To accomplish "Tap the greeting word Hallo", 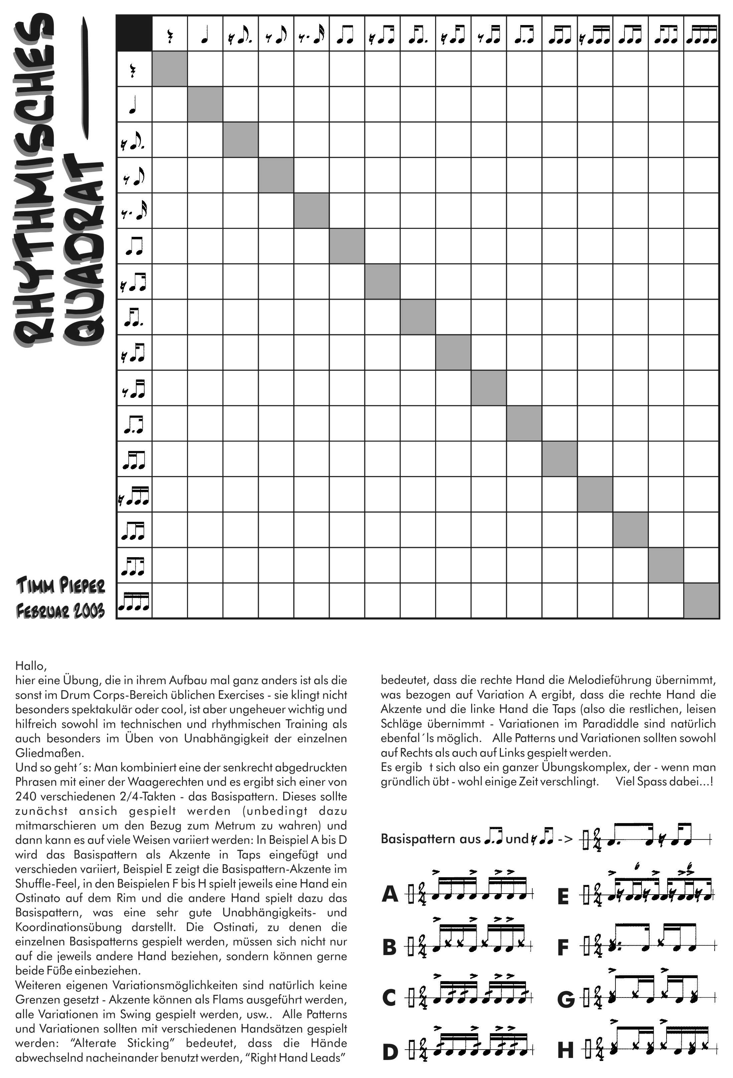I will click(x=31, y=666).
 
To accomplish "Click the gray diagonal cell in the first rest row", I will click(x=170, y=69).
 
